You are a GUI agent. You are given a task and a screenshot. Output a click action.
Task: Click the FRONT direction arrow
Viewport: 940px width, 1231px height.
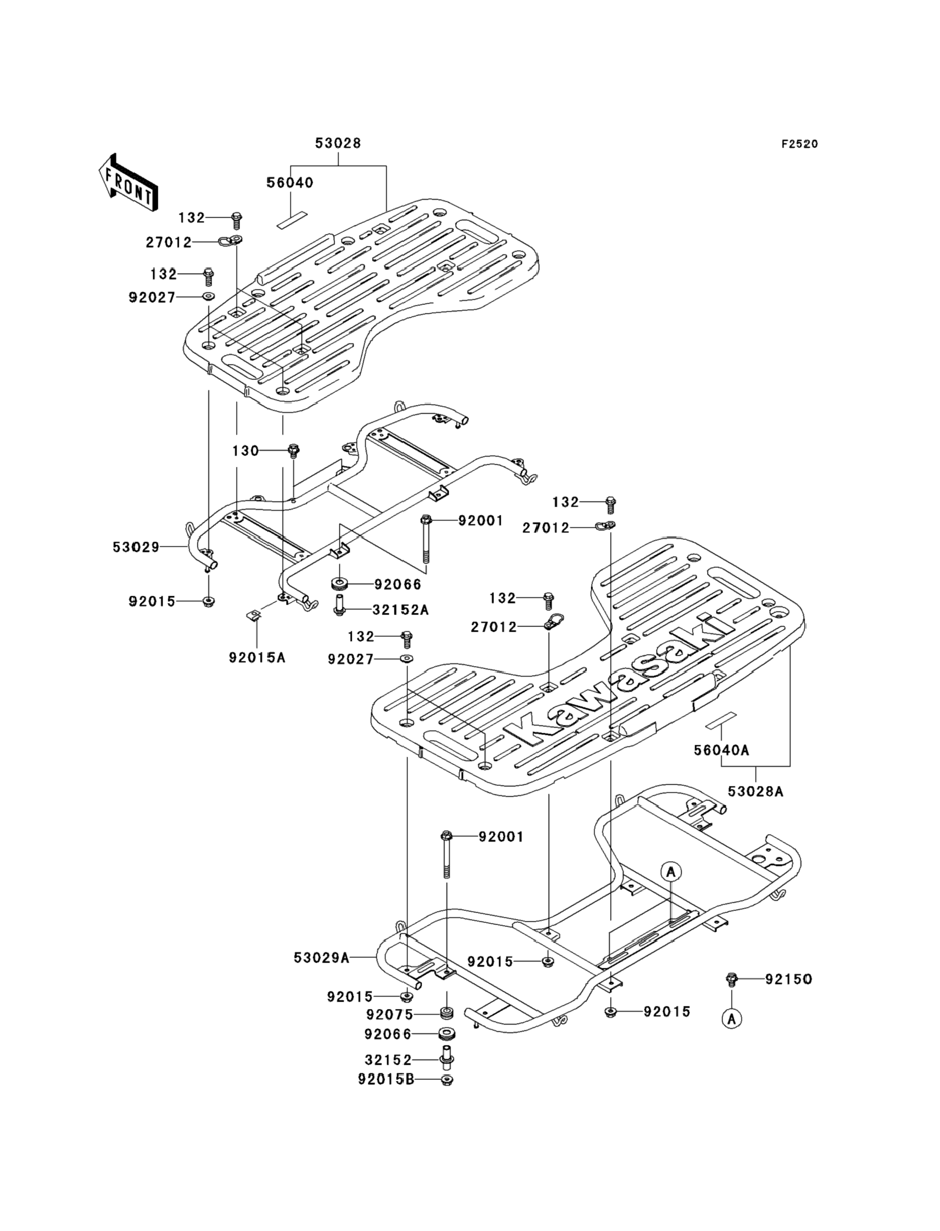coord(128,183)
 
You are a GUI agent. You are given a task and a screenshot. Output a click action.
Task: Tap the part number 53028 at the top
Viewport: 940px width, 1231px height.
coord(338,143)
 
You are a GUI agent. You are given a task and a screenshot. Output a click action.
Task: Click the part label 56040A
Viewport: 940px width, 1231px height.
coord(721,750)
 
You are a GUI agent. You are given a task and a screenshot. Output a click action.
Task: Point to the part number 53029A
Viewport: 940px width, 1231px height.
coord(321,958)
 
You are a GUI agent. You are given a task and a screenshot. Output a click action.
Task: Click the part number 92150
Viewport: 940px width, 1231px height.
coord(789,979)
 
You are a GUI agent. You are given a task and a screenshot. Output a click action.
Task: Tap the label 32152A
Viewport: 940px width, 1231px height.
coord(401,610)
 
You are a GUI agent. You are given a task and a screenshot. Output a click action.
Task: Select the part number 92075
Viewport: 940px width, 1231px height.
coord(389,1015)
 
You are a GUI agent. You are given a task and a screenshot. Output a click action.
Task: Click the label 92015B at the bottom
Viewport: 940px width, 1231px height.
coord(386,1079)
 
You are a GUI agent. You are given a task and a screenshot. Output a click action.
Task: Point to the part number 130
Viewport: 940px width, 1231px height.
coord(245,450)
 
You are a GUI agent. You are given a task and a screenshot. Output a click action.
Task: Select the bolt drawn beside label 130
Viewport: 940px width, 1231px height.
coord(293,451)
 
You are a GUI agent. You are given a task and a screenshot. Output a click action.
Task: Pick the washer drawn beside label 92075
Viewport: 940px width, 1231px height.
coord(447,1014)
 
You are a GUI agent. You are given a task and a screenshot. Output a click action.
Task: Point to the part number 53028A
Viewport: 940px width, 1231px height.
coord(756,792)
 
